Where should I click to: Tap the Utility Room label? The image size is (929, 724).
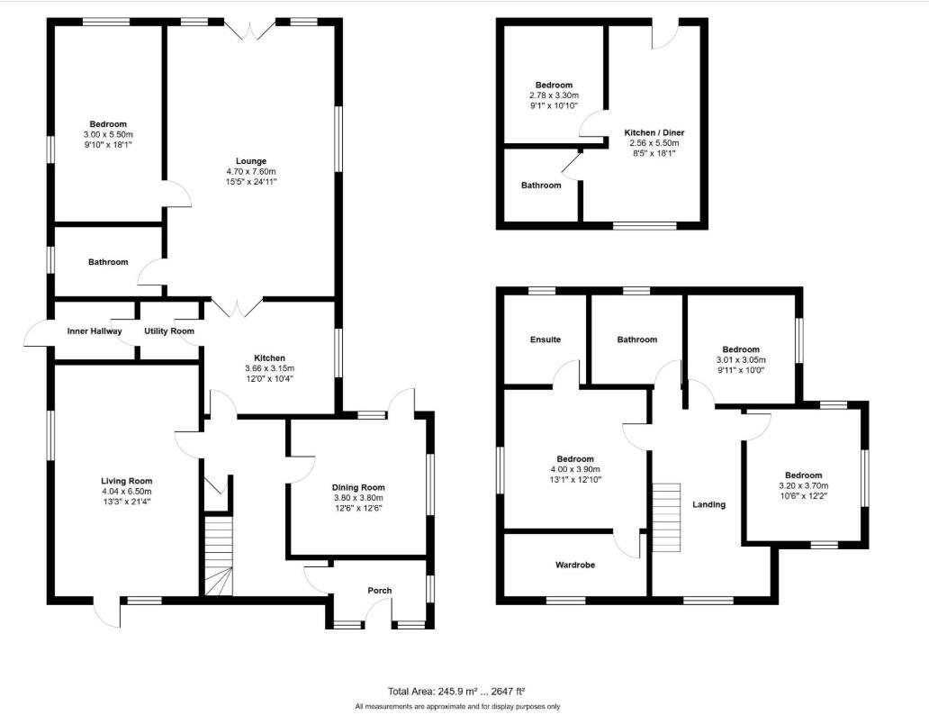(169, 331)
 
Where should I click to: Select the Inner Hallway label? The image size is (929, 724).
(95, 331)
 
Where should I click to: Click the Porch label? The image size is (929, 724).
(380, 591)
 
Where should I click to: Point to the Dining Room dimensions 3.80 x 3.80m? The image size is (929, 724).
(357, 498)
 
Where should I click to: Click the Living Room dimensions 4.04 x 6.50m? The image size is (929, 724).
(126, 492)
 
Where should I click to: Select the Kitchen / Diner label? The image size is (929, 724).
(654, 132)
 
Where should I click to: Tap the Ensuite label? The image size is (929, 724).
(546, 339)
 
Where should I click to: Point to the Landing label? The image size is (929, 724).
(708, 504)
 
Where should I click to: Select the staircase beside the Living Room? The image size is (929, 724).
(218, 554)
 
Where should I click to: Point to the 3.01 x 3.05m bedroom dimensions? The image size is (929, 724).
(741, 358)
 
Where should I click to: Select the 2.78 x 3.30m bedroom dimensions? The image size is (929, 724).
(554, 95)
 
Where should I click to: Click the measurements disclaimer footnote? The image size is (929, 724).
(457, 707)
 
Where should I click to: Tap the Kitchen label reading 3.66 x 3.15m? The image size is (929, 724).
(269, 368)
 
